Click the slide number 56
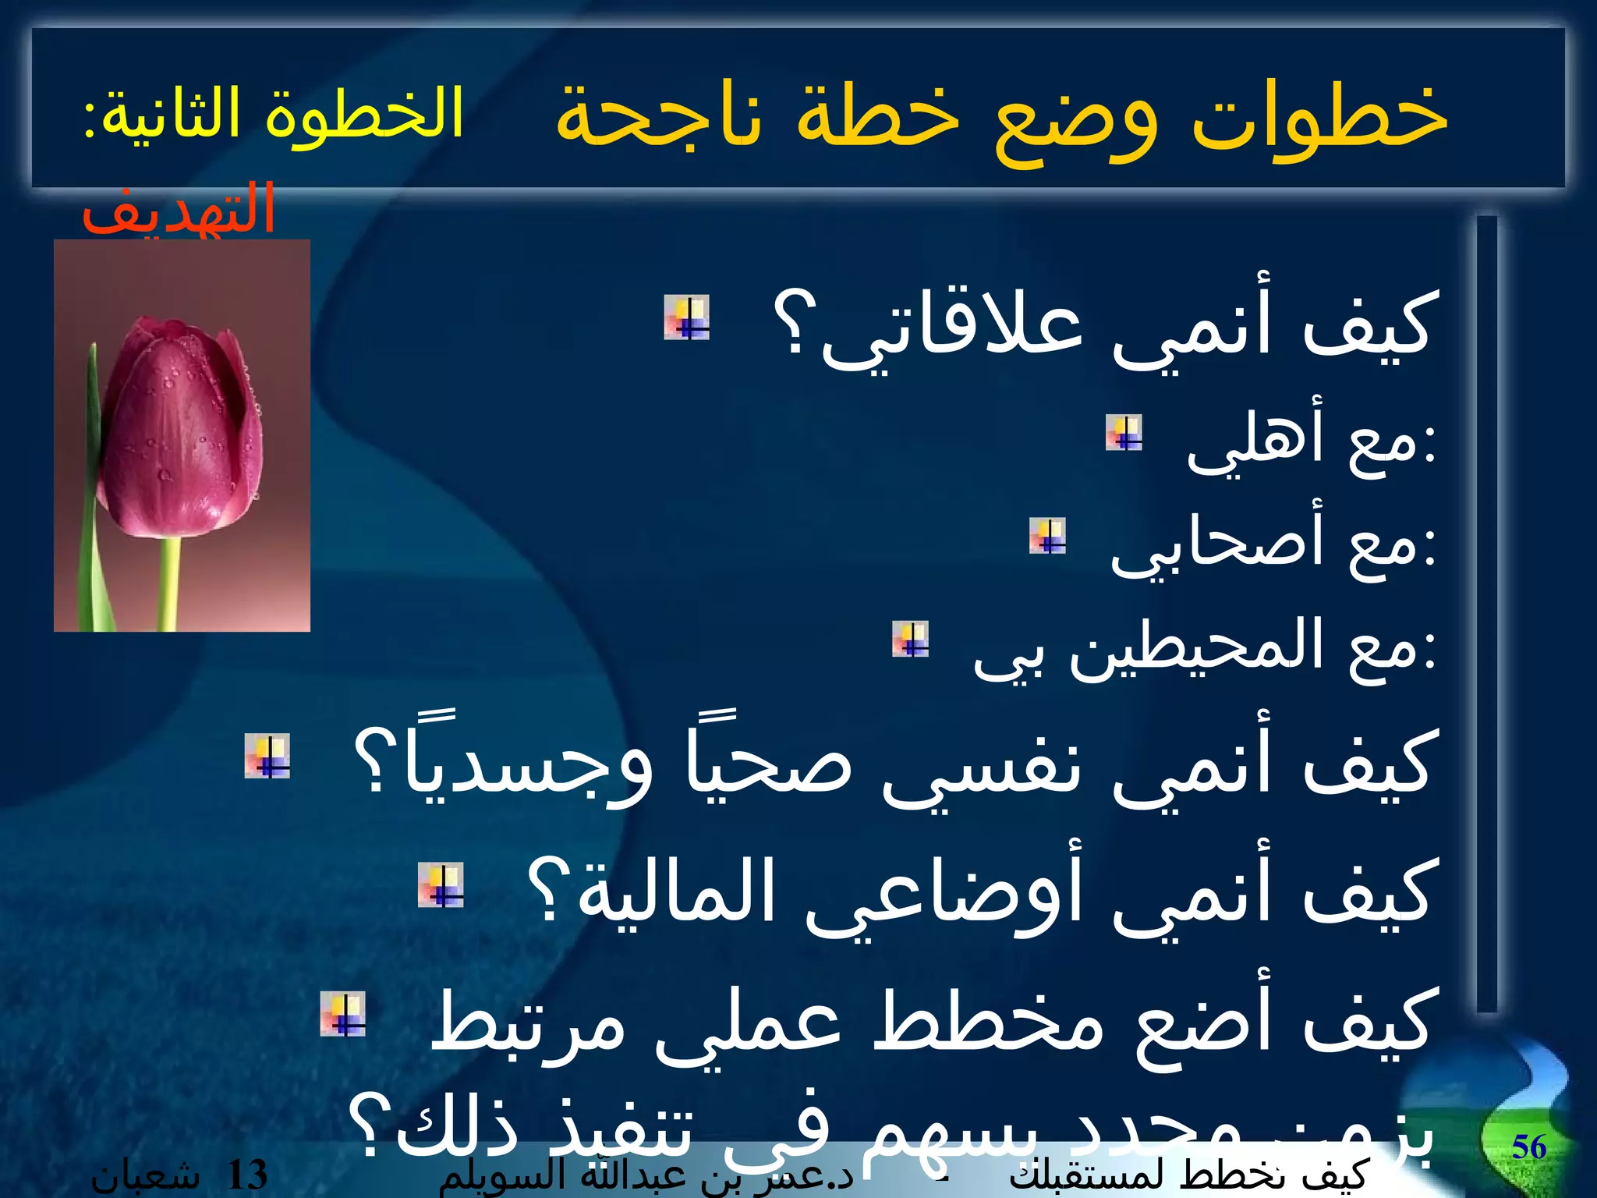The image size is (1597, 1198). pos(1528,1147)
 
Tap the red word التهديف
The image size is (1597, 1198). pos(179,209)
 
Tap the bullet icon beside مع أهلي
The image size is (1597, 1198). pos(1124,433)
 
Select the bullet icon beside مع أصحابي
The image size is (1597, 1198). pos(1047,536)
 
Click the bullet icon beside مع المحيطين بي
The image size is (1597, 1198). pos(911,639)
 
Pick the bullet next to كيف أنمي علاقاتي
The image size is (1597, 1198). pos(686,317)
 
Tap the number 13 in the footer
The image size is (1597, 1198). pos(246,1175)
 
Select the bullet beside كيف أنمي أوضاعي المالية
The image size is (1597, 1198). pos(441,885)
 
